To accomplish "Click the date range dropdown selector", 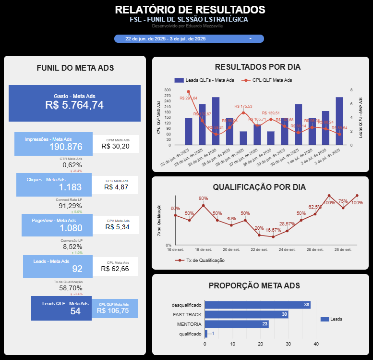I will [x=189, y=38].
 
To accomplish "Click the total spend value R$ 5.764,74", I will [x=74, y=105].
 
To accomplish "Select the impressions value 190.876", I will [x=66, y=147].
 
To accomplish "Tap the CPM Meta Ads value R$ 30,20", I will [x=116, y=146].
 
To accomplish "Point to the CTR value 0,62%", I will [x=72, y=165].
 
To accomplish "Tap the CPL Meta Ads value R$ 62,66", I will [x=115, y=269].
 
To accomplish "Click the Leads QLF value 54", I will [x=75, y=311].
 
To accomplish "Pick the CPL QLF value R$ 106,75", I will [x=113, y=310].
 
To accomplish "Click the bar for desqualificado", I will [x=257, y=305].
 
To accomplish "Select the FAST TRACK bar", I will [x=246, y=314].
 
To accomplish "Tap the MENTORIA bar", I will [x=237, y=324].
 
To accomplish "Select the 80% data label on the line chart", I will [x=203, y=199].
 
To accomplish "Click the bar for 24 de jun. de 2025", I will [x=216, y=121].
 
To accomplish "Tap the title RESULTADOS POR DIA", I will [x=258, y=67].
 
